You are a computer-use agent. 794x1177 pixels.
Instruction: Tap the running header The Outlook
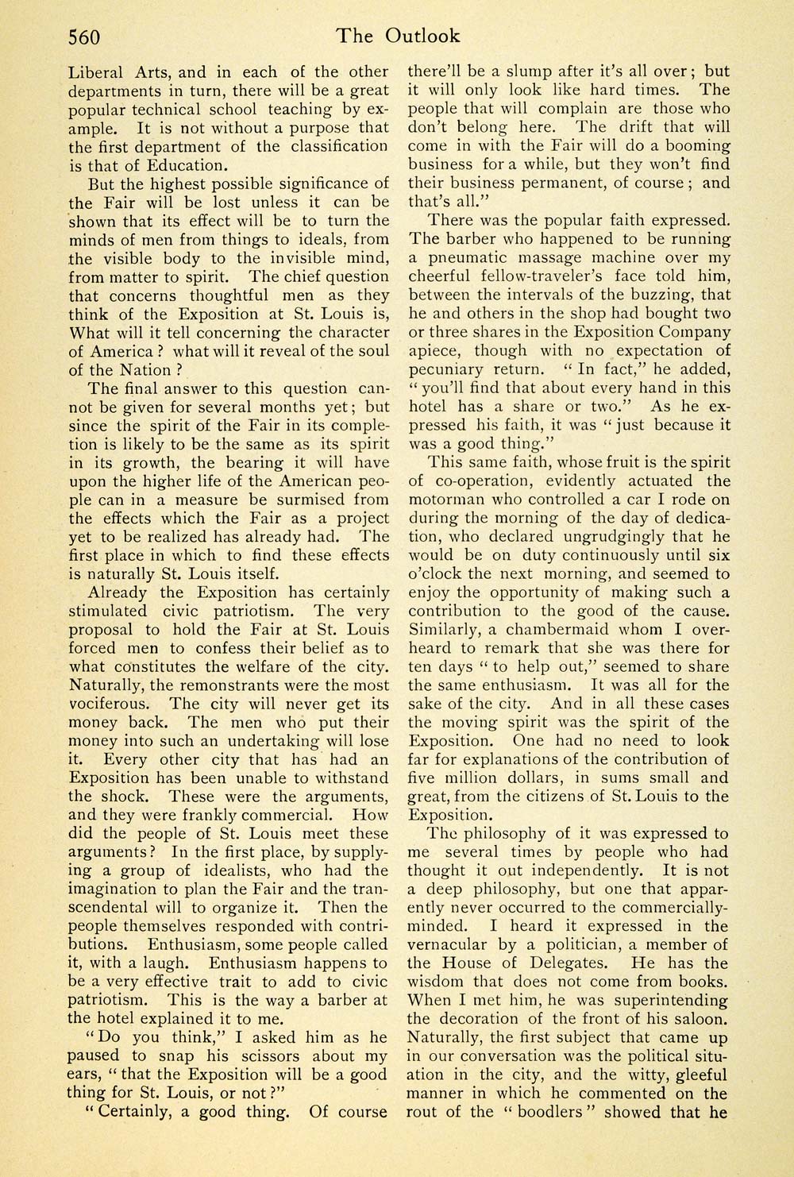click(x=397, y=36)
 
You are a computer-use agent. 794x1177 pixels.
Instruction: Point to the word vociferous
click(x=106, y=704)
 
